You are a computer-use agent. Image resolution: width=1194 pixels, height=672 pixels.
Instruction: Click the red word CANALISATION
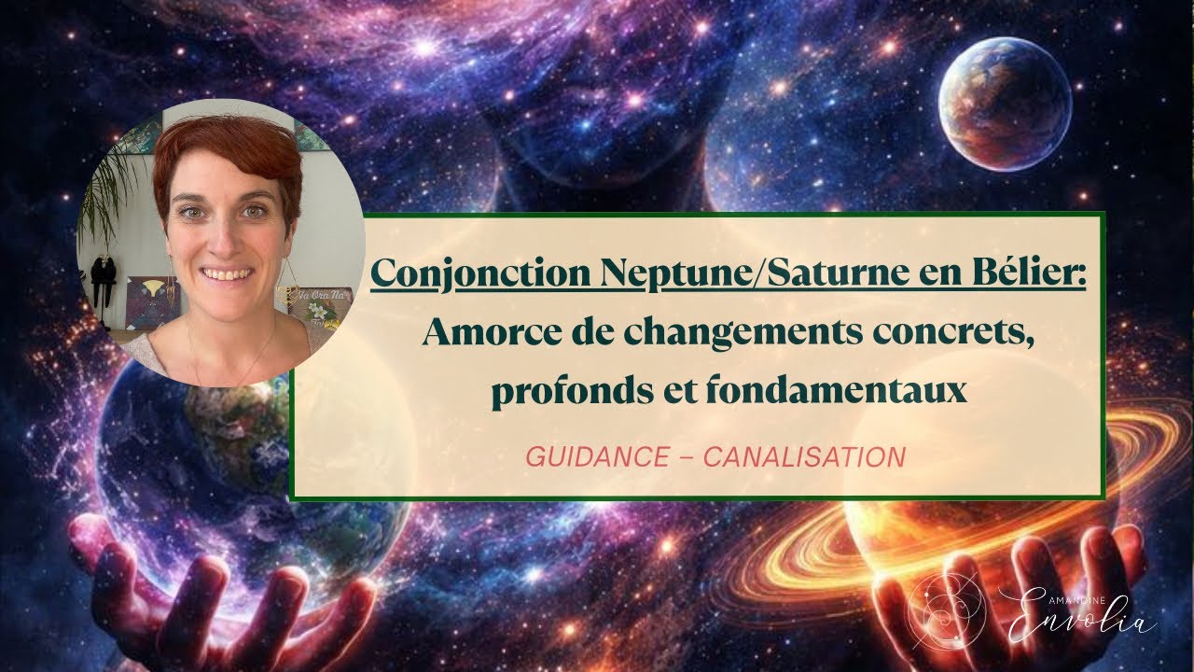803,457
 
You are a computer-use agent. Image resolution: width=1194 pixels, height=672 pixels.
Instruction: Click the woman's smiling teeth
226,275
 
